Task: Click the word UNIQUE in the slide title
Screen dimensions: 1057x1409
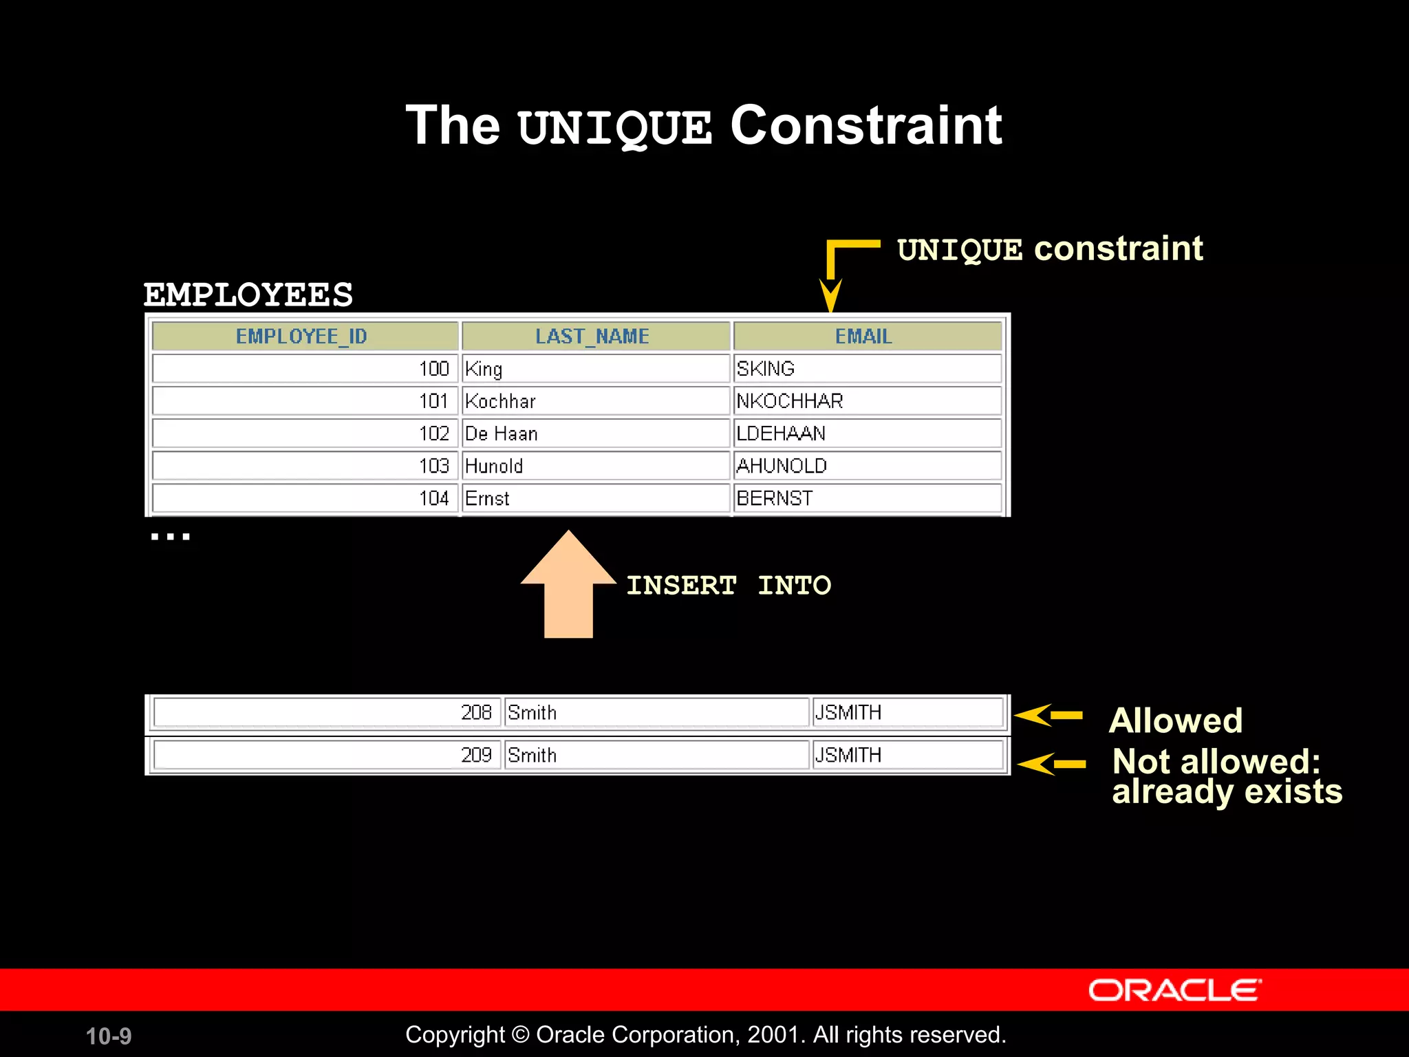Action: tap(614, 128)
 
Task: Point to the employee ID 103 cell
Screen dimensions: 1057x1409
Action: tap(304, 466)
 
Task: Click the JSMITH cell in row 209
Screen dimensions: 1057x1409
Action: tap(907, 755)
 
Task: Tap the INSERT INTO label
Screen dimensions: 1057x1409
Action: tap(728, 586)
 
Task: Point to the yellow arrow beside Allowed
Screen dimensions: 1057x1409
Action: tap(1048, 716)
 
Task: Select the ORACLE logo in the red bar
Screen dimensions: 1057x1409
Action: tap(1174, 990)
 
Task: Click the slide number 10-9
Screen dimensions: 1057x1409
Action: tap(109, 1036)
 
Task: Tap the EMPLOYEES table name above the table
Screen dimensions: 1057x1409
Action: tap(248, 295)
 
